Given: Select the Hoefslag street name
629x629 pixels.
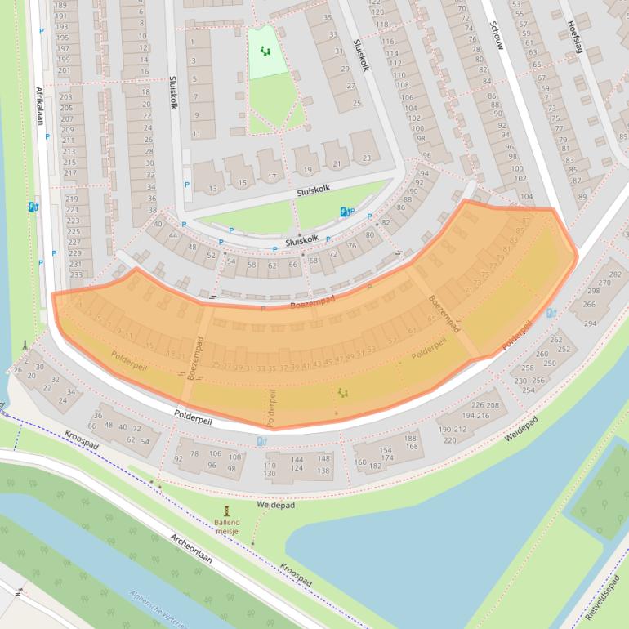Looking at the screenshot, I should (x=575, y=38).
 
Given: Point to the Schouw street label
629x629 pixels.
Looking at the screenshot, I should (x=497, y=35).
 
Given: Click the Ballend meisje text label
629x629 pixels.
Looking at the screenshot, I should (x=227, y=527).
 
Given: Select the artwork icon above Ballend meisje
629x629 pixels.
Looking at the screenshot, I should (x=227, y=509).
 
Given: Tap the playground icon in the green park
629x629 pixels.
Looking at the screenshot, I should (x=265, y=51).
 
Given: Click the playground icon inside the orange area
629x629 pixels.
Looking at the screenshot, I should (x=343, y=393).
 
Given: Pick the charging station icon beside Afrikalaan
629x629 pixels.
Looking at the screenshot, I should (x=33, y=207).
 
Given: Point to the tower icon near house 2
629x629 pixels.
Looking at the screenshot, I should (x=25, y=345).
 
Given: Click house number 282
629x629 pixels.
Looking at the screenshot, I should (x=614, y=274).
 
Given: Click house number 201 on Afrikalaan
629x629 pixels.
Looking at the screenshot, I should (x=65, y=70).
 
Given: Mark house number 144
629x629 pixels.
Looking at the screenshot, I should (x=299, y=460).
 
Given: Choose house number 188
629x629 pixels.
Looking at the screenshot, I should (x=411, y=438).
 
